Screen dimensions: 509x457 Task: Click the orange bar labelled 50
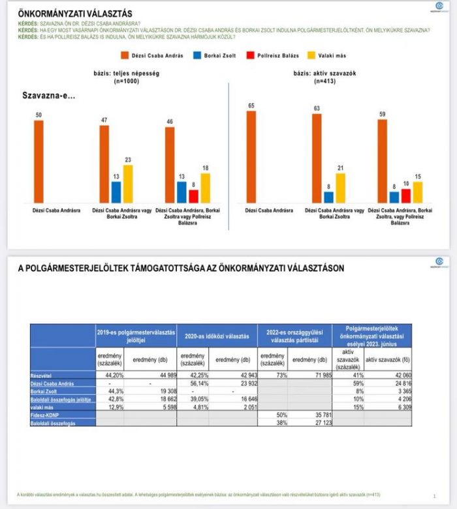(39, 162)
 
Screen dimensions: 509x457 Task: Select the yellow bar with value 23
(128, 184)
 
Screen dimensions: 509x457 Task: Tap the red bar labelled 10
(406, 196)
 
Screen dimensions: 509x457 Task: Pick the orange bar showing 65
(251, 157)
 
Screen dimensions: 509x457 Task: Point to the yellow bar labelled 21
(341, 188)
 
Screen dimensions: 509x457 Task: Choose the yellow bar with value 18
(206, 188)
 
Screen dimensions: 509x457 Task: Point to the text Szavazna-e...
(49, 96)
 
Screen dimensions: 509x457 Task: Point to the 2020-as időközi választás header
(217, 336)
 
